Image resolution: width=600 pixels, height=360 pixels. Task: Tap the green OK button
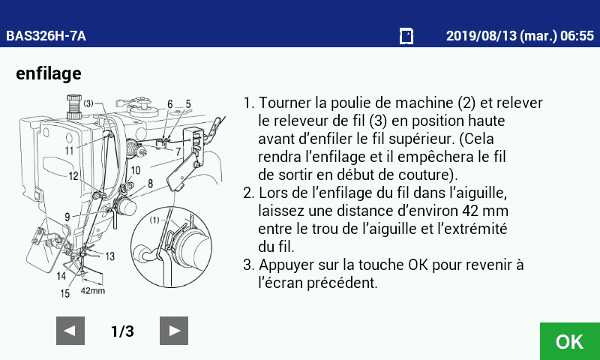[570, 341]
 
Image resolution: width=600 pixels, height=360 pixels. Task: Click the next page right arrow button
[174, 331]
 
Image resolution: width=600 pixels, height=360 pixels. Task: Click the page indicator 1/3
[122, 331]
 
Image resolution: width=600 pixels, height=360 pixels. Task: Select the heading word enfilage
[49, 73]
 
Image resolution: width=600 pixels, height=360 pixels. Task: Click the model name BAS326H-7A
[46, 36]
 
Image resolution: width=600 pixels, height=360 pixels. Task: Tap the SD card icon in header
[406, 36]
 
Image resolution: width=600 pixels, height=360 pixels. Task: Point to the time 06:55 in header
[577, 36]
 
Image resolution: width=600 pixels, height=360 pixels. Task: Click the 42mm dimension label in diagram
[92, 291]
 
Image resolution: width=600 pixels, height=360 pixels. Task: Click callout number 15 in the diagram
[65, 293]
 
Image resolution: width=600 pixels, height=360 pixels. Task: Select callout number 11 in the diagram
[69, 150]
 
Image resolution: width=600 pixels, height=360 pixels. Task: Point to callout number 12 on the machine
[73, 176]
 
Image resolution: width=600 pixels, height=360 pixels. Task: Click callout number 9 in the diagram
[67, 217]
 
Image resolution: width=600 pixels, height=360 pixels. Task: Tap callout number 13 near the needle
[109, 256]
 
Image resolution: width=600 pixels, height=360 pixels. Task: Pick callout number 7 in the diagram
[178, 152]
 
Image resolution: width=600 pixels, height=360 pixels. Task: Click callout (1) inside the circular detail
[154, 220]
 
